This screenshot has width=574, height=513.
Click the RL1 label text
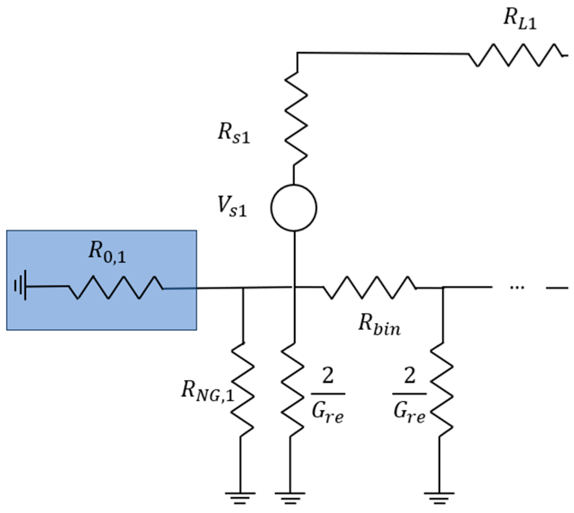519,19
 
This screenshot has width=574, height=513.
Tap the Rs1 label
233,134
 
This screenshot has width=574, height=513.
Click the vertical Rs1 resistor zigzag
296,119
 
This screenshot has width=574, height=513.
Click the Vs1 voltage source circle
294,208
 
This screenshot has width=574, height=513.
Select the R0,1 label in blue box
107,252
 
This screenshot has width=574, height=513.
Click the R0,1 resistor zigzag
116,287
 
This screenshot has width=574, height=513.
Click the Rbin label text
379,324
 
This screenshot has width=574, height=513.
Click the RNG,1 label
207,391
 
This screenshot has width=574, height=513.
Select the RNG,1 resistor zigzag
242,389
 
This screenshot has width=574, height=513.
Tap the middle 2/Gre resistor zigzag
293,389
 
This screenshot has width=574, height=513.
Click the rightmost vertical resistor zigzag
442,389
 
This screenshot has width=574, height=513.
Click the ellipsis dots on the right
517,287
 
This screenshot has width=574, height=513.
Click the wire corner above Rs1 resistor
298,53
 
